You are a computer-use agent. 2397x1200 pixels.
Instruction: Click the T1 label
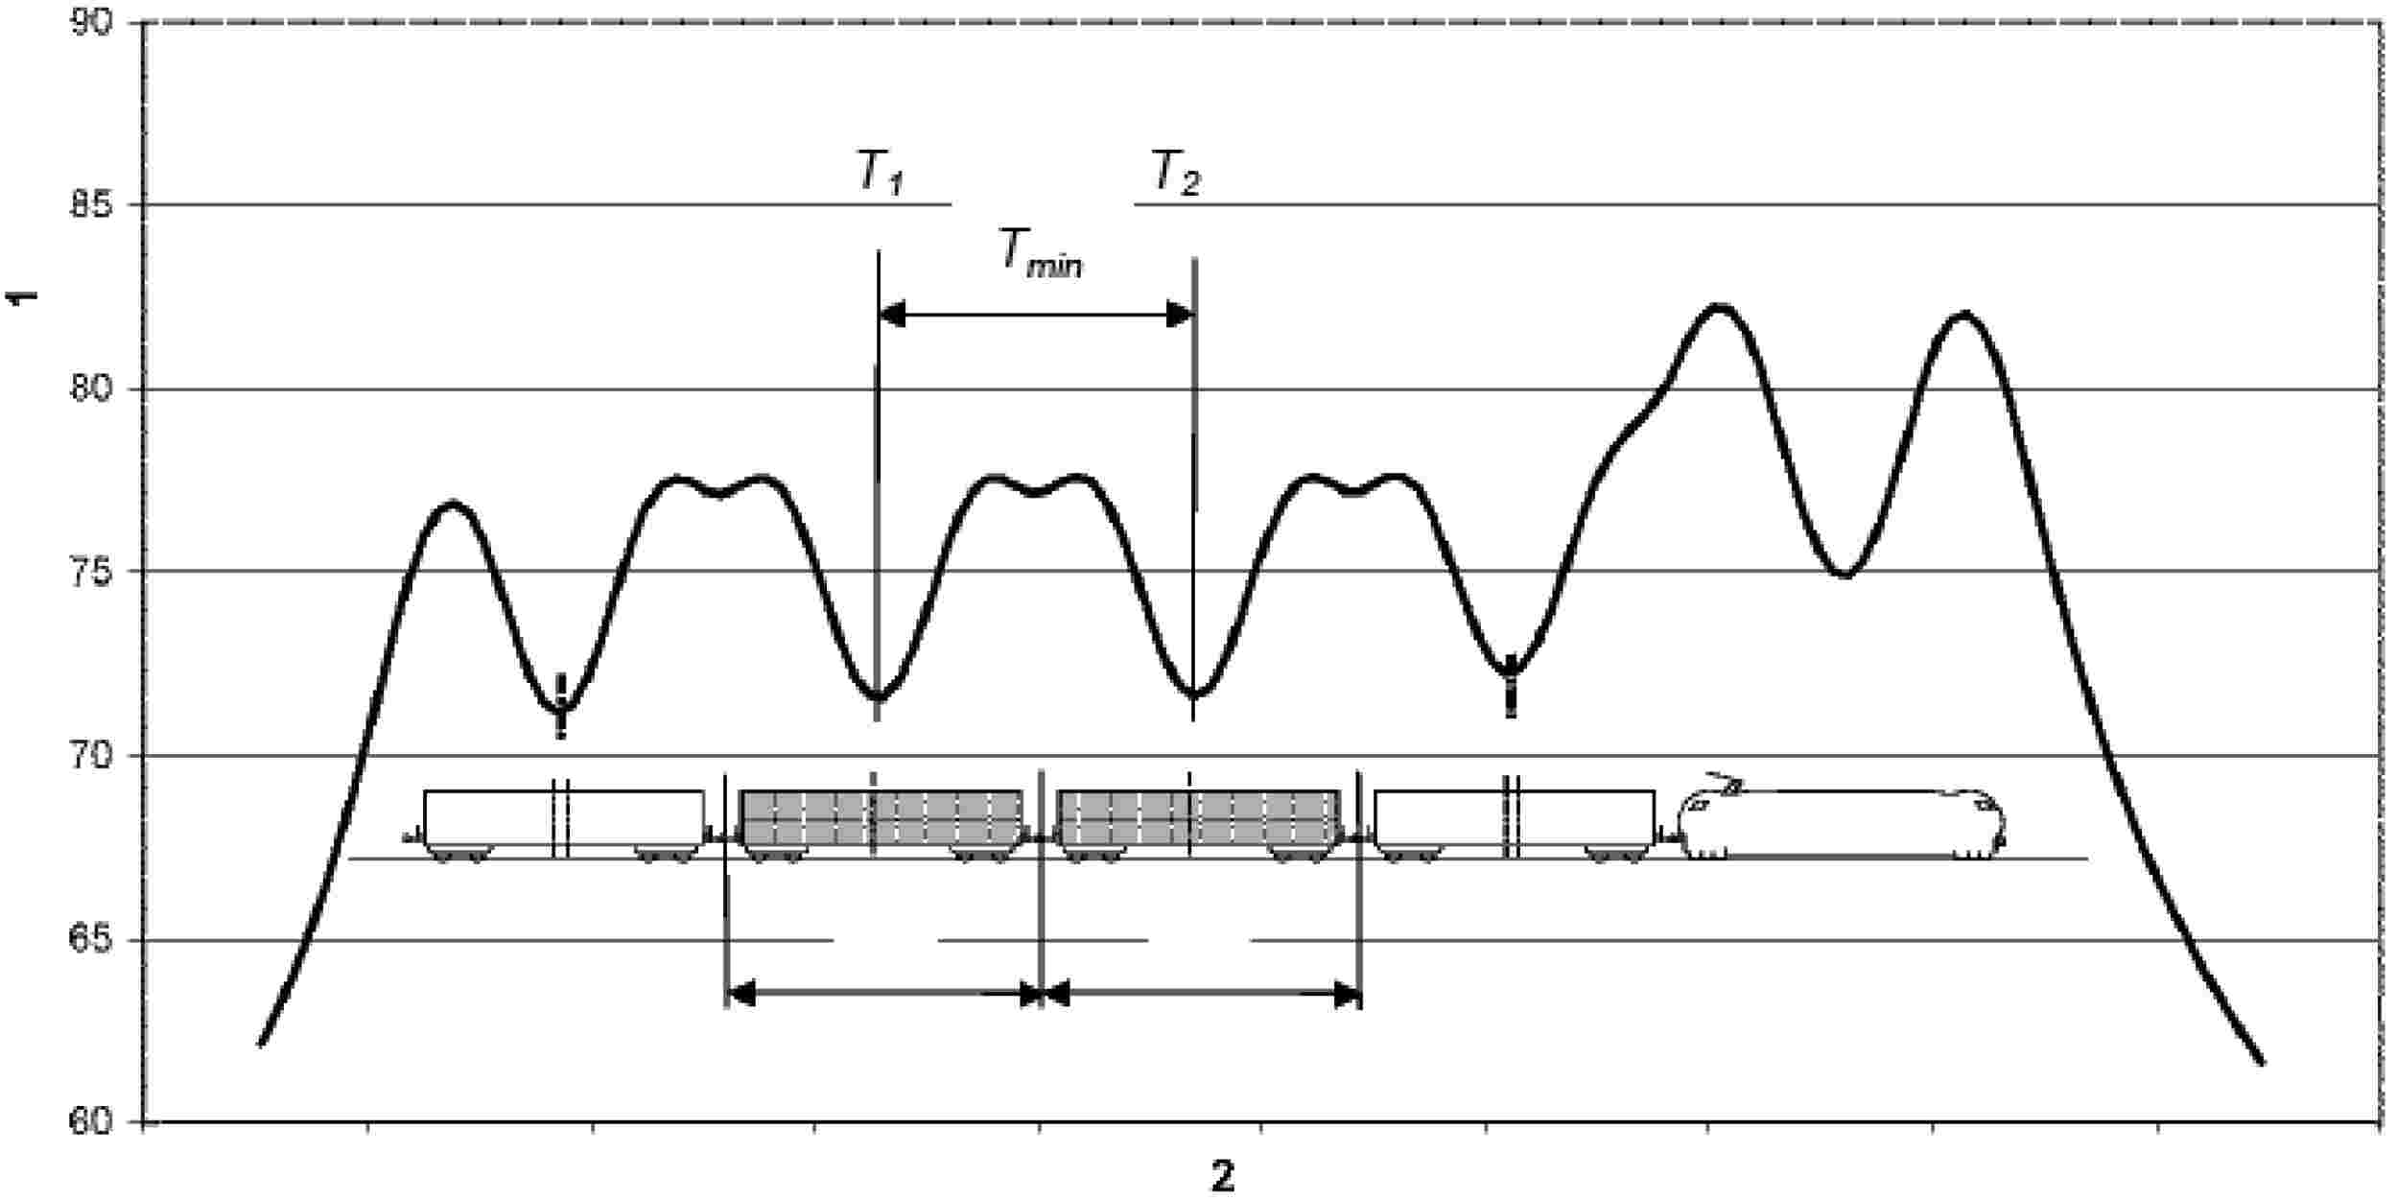tap(880, 176)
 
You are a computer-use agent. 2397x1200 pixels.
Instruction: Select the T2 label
tap(1175, 176)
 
